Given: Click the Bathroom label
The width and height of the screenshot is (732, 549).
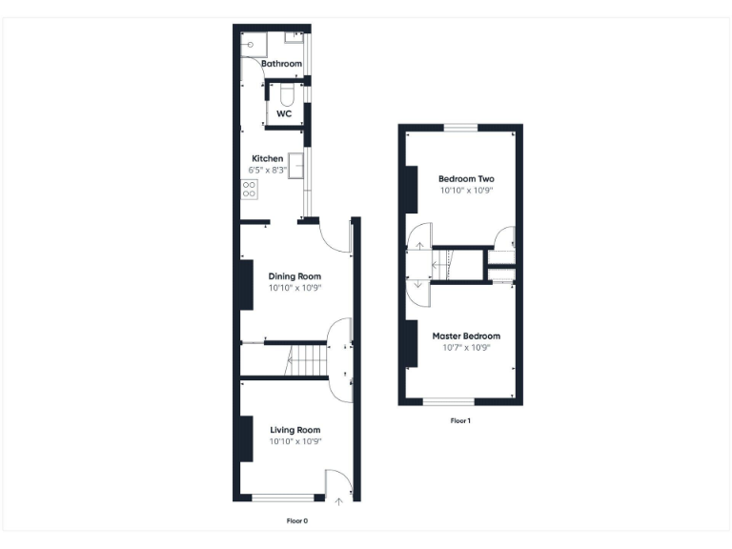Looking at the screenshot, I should (x=282, y=64).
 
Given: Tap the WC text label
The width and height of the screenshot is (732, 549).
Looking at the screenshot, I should (x=283, y=113).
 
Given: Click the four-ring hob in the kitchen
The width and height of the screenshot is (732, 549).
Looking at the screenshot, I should (x=249, y=189).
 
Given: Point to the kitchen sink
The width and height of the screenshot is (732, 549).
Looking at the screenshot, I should (x=296, y=166).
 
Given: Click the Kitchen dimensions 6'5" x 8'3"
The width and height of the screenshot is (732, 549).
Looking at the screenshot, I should (x=267, y=170).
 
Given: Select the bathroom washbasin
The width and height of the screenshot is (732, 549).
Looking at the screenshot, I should (x=294, y=38).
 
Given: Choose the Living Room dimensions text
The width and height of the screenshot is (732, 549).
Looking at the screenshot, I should (x=295, y=441).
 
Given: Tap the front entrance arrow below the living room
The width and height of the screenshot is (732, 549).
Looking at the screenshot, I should (x=338, y=501).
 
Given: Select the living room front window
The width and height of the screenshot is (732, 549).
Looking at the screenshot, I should (x=283, y=498).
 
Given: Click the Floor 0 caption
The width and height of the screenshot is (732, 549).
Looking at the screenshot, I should (x=296, y=521).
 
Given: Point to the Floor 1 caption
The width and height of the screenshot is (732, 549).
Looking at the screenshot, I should (x=460, y=420).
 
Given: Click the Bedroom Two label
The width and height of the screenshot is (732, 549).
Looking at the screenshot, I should (x=466, y=178).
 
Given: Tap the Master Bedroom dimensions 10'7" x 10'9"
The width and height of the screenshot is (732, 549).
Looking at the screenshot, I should (x=466, y=348).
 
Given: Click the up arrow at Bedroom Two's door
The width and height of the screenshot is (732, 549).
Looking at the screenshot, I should (x=420, y=246).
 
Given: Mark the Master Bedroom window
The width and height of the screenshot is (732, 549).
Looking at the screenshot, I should (x=448, y=401).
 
